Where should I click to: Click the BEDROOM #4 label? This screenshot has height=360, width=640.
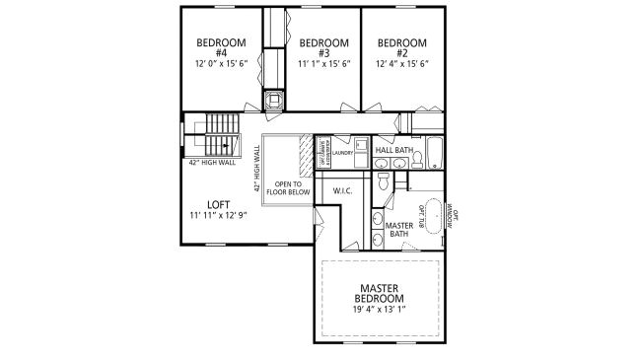pyautogui.click(x=214, y=47)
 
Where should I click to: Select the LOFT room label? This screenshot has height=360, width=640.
pyautogui.click(x=218, y=205)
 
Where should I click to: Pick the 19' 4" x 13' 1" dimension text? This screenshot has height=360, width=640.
pyautogui.click(x=380, y=309)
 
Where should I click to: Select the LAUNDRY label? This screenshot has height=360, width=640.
pyautogui.click(x=343, y=153)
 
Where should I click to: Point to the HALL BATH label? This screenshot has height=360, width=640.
pyautogui.click(x=394, y=150)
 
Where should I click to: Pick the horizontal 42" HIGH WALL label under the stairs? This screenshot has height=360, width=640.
pyautogui.click(x=212, y=162)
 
